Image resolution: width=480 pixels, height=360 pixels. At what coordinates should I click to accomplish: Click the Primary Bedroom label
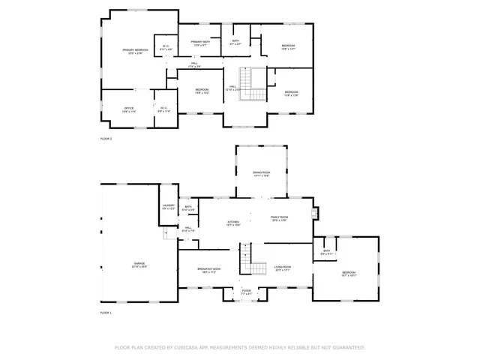point(136,51)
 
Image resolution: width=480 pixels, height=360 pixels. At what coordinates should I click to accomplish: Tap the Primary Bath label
point(200,43)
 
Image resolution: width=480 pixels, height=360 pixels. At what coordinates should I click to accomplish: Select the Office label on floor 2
point(128,109)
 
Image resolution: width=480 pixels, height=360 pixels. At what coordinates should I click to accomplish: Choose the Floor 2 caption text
point(106,139)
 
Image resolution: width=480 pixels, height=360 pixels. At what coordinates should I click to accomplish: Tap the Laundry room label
point(168,207)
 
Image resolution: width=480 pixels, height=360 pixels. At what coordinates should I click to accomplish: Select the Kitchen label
point(233,223)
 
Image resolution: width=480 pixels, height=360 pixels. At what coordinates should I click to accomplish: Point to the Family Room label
point(280,219)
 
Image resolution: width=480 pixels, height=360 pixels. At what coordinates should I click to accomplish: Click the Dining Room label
point(261,173)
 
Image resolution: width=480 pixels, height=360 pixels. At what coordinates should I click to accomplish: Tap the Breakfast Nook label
point(208,270)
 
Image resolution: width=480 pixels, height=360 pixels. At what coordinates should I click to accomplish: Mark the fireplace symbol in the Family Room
point(316,213)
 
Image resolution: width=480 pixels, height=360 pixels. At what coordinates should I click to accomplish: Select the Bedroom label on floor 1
point(349,274)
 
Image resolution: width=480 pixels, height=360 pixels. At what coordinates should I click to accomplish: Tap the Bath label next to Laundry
point(188,208)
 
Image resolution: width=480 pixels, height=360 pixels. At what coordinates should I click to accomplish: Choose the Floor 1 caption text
point(106,312)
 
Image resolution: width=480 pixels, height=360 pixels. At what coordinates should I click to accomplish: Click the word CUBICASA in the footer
point(193,348)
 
